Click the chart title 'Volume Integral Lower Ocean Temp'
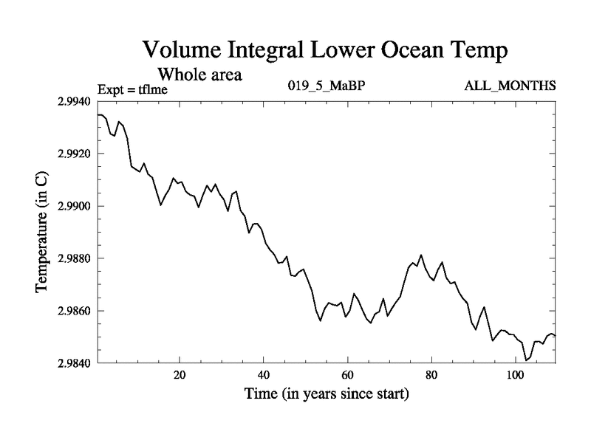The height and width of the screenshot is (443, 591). [x=325, y=51]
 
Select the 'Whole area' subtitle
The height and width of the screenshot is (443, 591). [x=199, y=75]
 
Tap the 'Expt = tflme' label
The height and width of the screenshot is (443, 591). [x=134, y=91]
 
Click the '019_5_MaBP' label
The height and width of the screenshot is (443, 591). [x=326, y=86]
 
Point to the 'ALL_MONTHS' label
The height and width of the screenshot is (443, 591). [x=510, y=86]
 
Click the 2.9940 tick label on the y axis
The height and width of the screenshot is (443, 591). [x=75, y=101]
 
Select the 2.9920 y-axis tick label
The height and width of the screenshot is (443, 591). [x=75, y=154]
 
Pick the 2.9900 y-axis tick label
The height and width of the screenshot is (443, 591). [x=75, y=206]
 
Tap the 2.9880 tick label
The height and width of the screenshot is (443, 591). [x=75, y=258]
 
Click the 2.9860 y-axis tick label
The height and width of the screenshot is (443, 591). [x=75, y=311]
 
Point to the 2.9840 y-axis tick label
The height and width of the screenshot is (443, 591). [x=75, y=363]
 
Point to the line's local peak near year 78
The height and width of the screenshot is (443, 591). [x=421, y=255]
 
